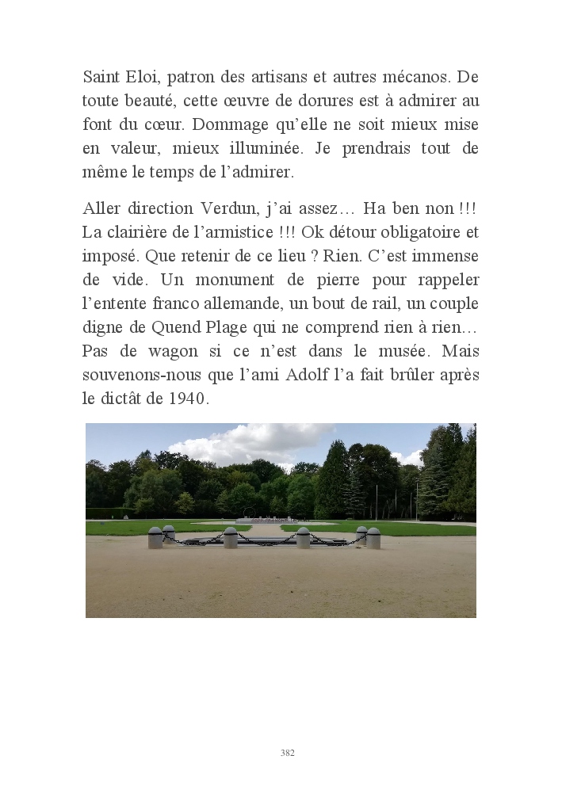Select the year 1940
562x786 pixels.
(187, 399)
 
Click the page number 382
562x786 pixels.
(287, 753)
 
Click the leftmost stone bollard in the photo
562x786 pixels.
(155, 538)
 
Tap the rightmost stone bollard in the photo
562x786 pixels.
(373, 538)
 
